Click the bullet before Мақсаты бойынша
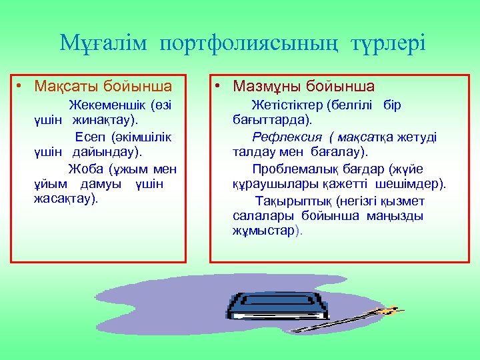pyautogui.click(x=21, y=87)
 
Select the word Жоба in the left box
pyautogui.click(x=85, y=169)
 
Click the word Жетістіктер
pyautogui.click(x=287, y=105)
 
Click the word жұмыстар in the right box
pyautogui.click(x=264, y=231)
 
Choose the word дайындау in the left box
pyautogui.click(x=105, y=152)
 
